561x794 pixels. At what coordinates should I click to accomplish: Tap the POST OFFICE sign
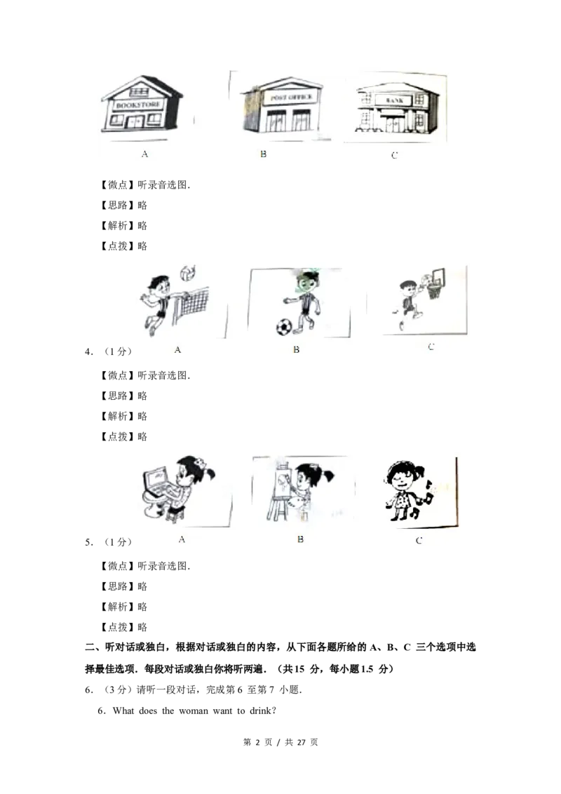coord(291,97)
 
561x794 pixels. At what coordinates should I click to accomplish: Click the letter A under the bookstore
coord(144,154)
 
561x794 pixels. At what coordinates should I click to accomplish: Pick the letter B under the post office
coord(263,154)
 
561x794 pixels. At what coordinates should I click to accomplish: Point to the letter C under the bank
coord(394,155)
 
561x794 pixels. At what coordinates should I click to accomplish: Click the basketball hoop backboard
coord(438,278)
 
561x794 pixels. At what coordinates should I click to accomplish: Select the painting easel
coord(280,491)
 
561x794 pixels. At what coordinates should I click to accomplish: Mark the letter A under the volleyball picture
coord(177,349)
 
